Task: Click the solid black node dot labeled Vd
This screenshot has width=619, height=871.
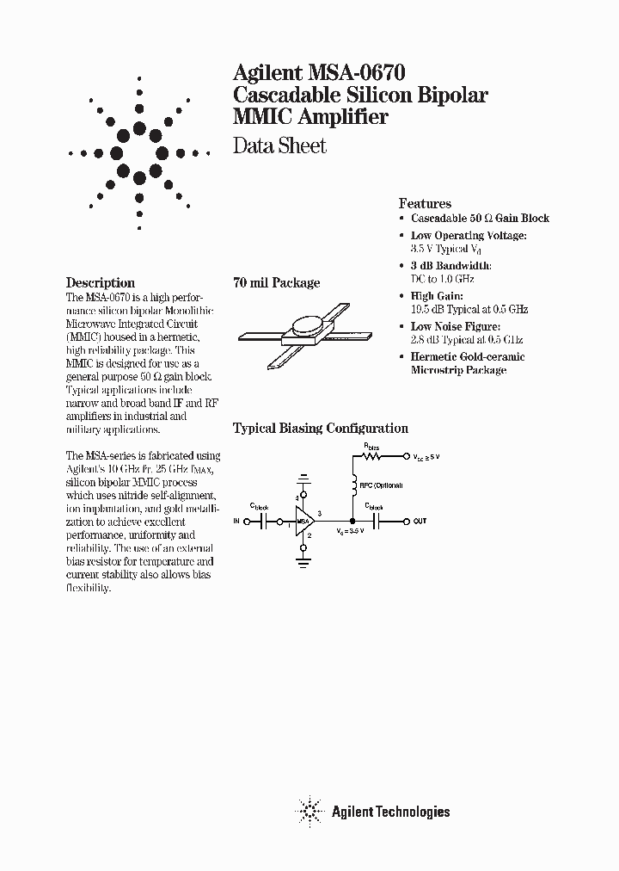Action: point(352,521)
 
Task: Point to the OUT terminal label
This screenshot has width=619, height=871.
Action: point(420,522)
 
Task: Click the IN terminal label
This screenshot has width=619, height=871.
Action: point(238,521)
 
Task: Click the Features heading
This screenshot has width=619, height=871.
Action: point(425,204)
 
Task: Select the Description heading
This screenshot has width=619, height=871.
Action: point(101,282)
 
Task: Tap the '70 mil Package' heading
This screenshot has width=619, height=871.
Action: point(276,282)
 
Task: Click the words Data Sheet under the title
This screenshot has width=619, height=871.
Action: point(280,145)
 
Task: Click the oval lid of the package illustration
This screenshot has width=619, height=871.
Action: point(307,324)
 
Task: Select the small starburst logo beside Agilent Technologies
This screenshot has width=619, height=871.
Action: point(309,811)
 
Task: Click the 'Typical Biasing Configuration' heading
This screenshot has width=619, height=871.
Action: point(321,428)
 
